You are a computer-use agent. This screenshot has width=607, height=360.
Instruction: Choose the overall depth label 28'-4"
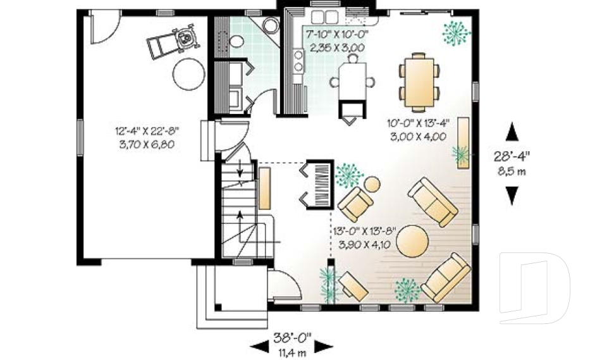tap(512, 154)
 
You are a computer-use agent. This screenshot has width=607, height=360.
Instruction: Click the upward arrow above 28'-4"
tap(512, 132)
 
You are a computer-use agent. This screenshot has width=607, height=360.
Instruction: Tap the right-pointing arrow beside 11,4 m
tap(323, 346)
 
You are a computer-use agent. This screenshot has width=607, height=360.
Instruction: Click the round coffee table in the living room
tap(412, 241)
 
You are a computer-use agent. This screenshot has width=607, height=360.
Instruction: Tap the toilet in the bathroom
tap(236, 42)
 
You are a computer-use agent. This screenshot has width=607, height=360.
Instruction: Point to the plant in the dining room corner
tap(456, 32)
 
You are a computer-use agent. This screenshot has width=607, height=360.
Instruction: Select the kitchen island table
tap(352, 80)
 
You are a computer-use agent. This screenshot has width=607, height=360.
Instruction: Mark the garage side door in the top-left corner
tap(104, 27)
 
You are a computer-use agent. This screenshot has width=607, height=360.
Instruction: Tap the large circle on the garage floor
tap(189, 75)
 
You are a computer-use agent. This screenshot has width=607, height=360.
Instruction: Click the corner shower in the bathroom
tap(269, 27)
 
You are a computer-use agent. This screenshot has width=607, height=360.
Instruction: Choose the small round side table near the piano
tap(372, 185)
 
